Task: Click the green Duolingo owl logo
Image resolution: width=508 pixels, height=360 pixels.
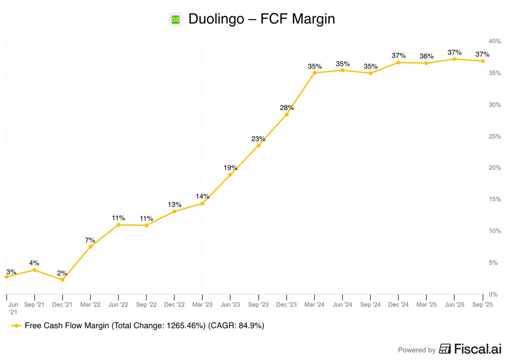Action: [175, 19]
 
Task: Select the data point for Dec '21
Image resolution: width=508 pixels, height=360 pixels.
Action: [63, 280]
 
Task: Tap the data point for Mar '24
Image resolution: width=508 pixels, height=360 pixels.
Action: [315, 73]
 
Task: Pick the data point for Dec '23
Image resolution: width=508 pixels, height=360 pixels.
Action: [287, 114]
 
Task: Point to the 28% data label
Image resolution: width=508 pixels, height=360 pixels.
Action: [287, 108]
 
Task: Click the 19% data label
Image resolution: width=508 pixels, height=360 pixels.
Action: [230, 168]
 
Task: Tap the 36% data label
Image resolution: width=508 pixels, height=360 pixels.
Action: [427, 56]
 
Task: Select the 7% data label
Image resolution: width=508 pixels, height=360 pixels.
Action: [90, 240]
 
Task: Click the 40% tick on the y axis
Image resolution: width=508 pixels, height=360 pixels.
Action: [494, 41]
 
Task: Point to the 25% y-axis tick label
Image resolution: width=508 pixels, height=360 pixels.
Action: [494, 136]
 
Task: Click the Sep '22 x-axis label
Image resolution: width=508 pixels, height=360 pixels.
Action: [146, 305]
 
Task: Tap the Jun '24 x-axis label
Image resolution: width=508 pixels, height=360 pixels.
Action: [342, 305]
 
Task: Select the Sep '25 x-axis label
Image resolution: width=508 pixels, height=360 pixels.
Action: [483, 305]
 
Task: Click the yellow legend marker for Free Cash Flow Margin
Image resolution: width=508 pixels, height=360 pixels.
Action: [17, 326]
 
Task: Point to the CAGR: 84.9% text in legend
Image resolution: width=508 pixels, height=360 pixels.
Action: [236, 326]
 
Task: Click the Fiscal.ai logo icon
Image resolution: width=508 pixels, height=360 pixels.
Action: [445, 349]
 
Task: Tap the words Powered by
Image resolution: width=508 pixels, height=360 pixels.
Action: [417, 350]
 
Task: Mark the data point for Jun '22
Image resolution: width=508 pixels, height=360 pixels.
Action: [119, 225]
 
